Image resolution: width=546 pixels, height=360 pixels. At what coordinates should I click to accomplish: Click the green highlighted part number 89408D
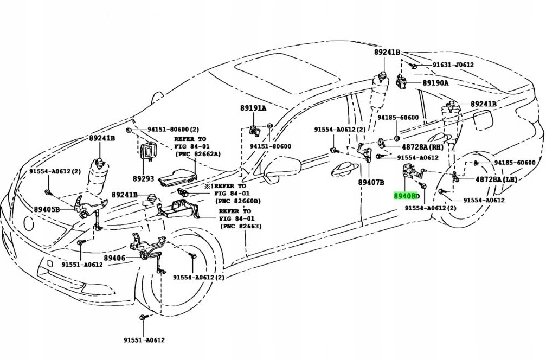407,195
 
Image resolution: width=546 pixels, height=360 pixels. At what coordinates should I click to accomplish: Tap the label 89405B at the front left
47,208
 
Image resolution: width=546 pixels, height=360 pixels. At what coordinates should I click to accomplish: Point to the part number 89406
114,258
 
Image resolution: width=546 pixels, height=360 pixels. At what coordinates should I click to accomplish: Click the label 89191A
253,108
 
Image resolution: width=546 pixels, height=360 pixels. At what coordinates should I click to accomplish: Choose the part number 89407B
371,182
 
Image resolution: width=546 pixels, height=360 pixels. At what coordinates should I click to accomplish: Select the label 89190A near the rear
435,83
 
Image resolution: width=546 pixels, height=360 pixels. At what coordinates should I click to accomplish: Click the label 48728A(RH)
422,147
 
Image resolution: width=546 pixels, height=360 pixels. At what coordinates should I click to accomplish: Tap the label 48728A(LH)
496,179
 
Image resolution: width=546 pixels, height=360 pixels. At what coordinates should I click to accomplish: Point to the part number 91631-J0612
453,65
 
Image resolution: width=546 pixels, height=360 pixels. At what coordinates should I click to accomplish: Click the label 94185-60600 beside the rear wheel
515,163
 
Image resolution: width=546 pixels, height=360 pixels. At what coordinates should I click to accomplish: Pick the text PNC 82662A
197,154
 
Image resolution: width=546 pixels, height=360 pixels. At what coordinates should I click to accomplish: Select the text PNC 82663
242,226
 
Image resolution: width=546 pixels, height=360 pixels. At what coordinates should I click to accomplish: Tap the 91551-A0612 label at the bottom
143,340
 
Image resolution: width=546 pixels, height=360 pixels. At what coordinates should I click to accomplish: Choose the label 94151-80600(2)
166,130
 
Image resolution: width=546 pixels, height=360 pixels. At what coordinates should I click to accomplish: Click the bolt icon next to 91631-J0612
413,66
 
